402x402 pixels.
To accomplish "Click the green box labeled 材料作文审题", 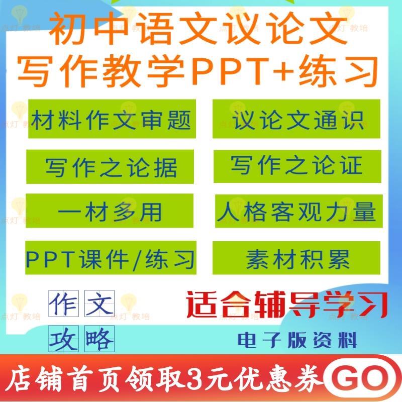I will (111, 119).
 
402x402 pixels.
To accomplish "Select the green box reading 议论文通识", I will (296, 119).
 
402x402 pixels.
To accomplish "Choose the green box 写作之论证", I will (297, 166).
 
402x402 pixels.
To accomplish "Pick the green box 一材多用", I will (110, 212).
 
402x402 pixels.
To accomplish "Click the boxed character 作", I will (63, 303).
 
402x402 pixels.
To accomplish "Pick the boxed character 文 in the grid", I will (100, 303).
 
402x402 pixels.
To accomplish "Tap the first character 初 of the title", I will (66, 31).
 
